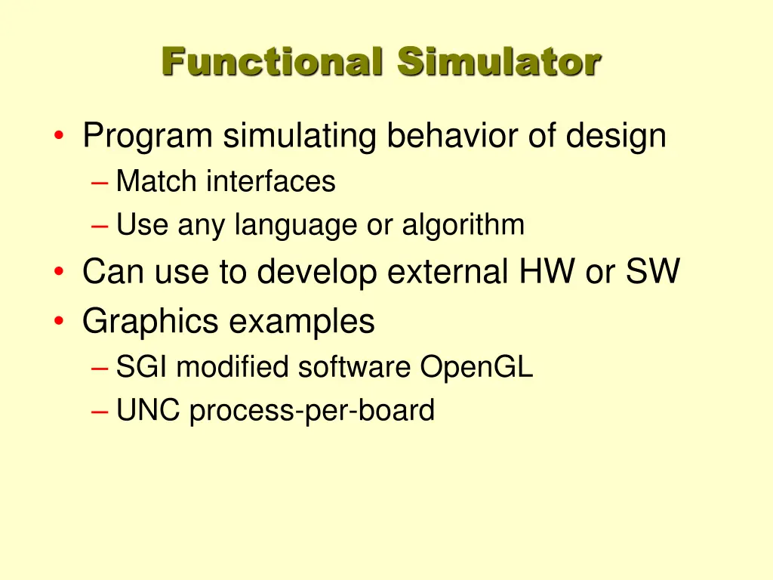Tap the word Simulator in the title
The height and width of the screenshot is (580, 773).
[500, 61]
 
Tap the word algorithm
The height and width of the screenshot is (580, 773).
[463, 225]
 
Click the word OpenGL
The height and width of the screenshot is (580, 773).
[476, 368]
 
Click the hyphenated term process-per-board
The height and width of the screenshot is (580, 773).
[312, 412]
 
